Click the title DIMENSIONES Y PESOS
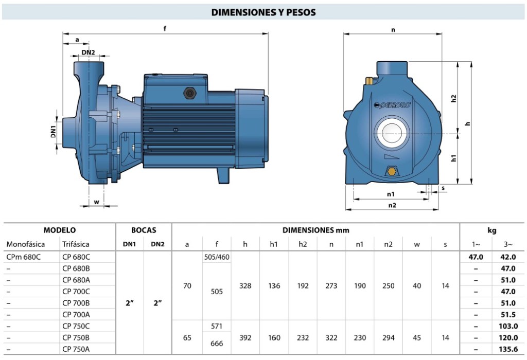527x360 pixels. (263, 12)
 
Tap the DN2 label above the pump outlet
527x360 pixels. (88, 52)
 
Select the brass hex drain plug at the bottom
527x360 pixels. (392, 171)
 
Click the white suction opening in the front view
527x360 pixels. (392, 133)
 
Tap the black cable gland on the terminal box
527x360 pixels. (189, 93)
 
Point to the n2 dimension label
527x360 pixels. (392, 205)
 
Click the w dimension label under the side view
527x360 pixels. (96, 202)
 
